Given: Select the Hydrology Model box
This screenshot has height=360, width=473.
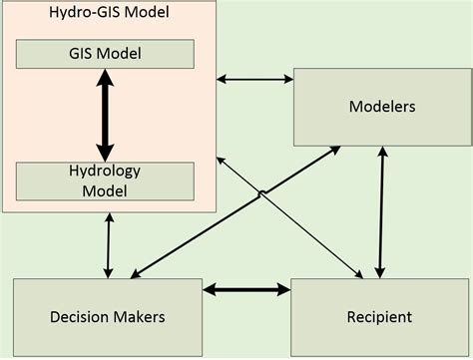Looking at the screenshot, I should pos(105,180).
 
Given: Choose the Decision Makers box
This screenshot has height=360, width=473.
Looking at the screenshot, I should pos(107,316).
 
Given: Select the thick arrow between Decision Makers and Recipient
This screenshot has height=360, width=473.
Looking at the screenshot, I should pos(246,290).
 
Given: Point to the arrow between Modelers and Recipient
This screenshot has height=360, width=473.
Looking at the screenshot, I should pos(380,211).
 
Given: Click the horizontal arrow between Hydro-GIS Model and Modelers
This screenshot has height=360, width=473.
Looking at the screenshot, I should pos(256,78).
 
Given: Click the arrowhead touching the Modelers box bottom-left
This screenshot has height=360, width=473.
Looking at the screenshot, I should pos(333,151).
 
